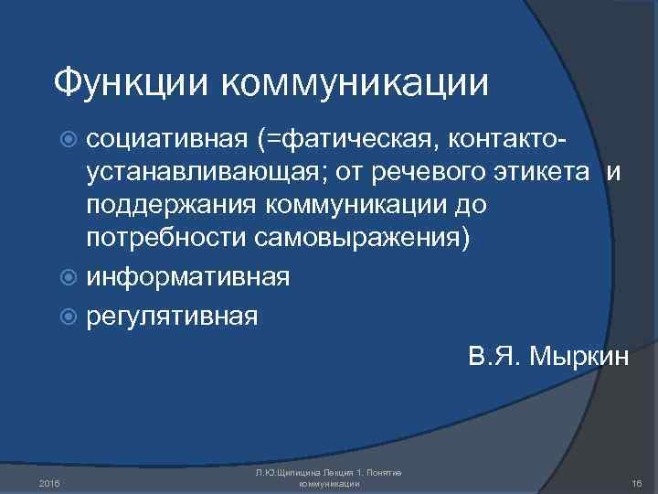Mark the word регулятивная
tap(172, 317)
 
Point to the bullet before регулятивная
tap(73, 317)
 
